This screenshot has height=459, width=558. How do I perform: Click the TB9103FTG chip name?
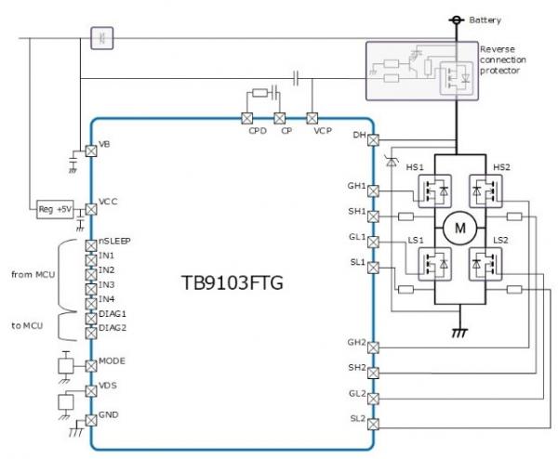[232, 282]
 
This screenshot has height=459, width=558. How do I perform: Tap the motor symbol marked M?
[456, 227]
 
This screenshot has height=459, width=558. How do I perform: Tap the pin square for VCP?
[312, 119]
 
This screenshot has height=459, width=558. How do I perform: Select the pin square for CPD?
[248, 119]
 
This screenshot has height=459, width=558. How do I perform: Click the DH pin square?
[373, 139]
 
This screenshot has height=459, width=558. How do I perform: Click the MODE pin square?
[90, 361]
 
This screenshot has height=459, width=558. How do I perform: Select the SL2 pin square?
[373, 427]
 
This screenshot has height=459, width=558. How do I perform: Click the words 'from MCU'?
[32, 274]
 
